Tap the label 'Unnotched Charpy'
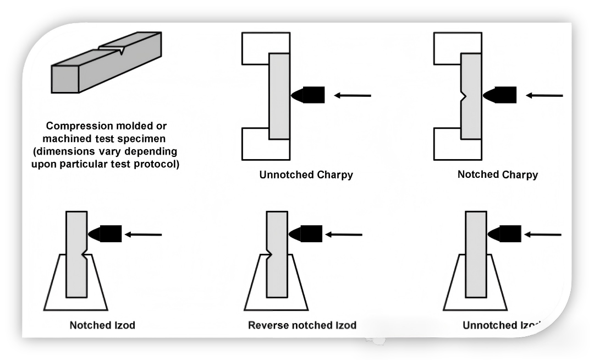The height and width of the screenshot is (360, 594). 306,175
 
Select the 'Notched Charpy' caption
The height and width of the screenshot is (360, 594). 497,174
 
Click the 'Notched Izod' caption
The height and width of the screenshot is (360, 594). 102,325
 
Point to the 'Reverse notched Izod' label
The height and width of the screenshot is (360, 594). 302,325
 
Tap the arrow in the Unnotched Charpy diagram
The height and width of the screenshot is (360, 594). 353,95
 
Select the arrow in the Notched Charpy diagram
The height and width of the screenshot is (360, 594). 544,95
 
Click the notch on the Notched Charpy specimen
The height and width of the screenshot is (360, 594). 463,96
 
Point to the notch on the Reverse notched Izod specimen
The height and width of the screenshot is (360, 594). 269,254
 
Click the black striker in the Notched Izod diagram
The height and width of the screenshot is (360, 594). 106,234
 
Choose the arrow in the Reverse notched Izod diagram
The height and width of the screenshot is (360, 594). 344,234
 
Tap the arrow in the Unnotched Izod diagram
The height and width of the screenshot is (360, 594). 542,234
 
